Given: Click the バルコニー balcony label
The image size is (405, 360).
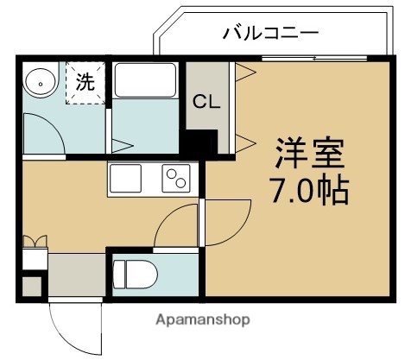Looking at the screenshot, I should (270, 34).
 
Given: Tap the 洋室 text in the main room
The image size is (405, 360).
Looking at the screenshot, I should (308, 156).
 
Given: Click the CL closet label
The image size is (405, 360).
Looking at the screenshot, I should (206, 101).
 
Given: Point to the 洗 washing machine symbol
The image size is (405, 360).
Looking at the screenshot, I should (85, 84).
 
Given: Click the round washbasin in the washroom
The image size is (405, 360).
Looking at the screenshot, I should (40, 83).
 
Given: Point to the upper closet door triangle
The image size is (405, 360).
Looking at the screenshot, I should (244, 69).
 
